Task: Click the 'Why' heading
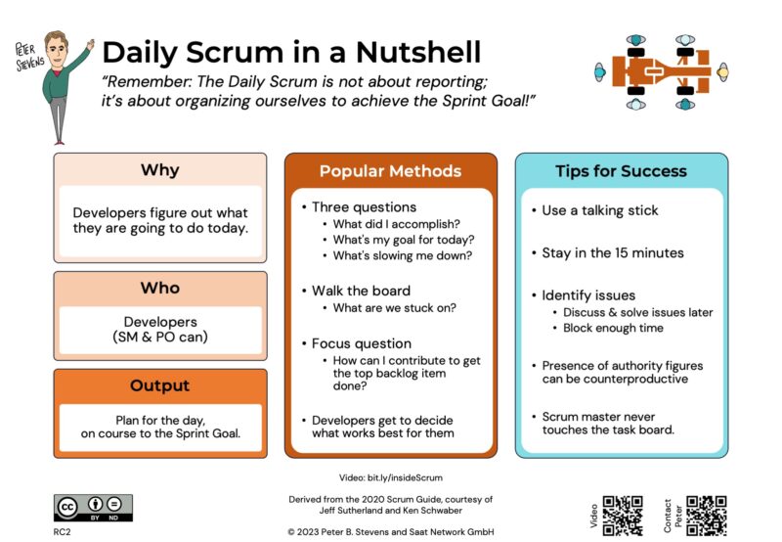(x=159, y=170)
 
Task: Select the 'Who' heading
(x=159, y=288)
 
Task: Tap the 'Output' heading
(x=159, y=385)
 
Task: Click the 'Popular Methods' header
(x=390, y=171)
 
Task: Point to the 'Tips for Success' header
(x=621, y=171)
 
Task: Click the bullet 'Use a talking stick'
(x=599, y=210)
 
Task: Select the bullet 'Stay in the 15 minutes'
(x=612, y=252)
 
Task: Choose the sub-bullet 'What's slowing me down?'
(x=402, y=255)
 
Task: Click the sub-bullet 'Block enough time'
(x=613, y=328)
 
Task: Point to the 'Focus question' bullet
(x=361, y=343)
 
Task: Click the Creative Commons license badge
(x=93, y=507)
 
